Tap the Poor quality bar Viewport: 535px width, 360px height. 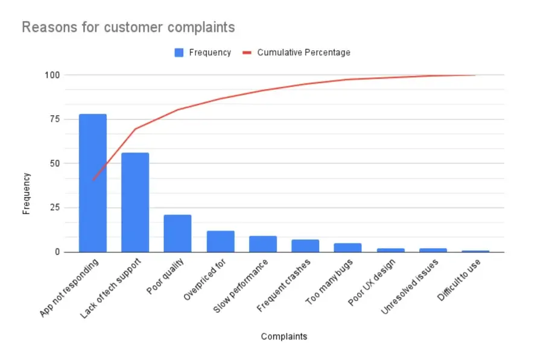click(177, 233)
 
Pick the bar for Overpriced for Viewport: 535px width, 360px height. click(220, 241)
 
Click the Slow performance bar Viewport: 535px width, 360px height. click(263, 244)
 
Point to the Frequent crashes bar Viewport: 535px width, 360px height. click(305, 245)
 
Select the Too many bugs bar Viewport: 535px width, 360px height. click(348, 247)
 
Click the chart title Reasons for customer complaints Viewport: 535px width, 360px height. click(128, 27)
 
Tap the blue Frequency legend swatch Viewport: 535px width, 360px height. click(179, 52)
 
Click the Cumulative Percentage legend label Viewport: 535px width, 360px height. click(303, 52)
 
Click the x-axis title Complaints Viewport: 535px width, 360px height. click(283, 336)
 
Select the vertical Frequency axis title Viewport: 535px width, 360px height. click(26, 194)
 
